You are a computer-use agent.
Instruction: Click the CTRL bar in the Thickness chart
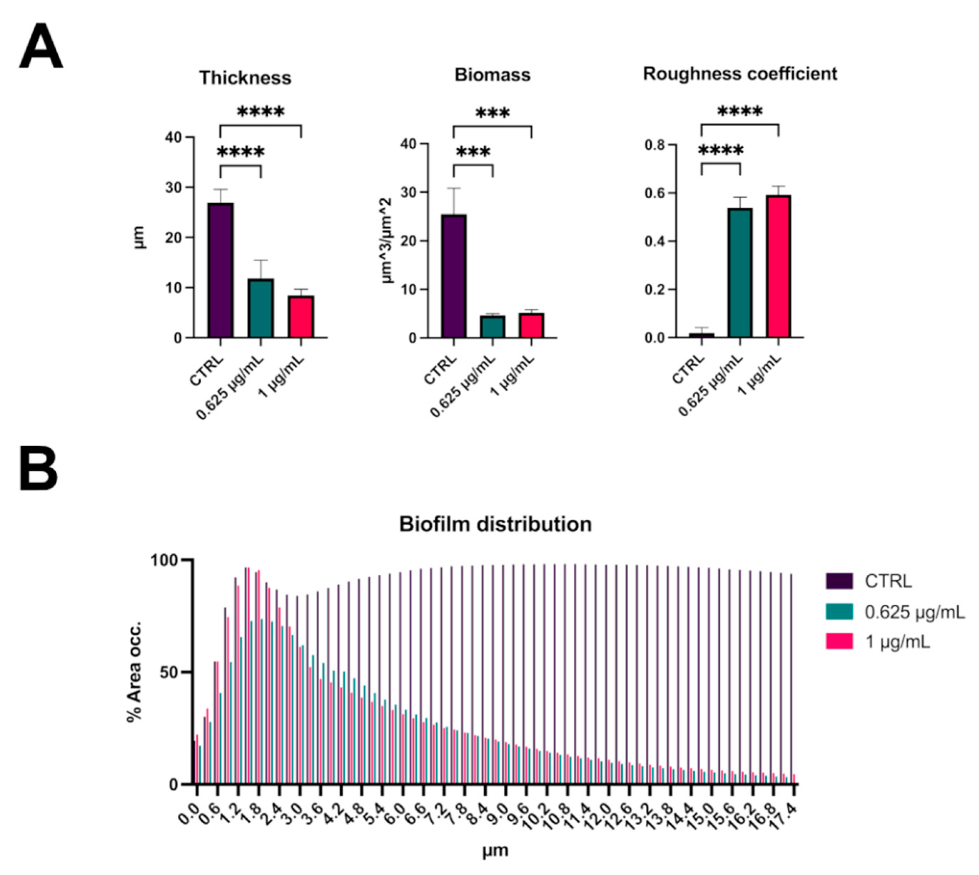[221, 270]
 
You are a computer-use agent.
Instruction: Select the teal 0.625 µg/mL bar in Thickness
[260, 308]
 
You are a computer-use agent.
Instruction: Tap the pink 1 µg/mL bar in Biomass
[531, 325]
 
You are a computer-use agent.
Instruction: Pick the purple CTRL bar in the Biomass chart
[453, 276]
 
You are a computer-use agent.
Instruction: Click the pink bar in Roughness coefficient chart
[778, 266]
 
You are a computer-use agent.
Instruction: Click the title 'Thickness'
[245, 78]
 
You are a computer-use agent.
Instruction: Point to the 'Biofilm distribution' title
[495, 524]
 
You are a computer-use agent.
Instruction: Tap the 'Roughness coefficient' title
[740, 73]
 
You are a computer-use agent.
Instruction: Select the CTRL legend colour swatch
[839, 581]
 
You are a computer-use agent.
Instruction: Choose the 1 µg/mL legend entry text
[897, 642]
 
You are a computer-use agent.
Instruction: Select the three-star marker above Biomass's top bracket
[492, 113]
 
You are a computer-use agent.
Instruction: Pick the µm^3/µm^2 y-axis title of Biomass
[387, 240]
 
